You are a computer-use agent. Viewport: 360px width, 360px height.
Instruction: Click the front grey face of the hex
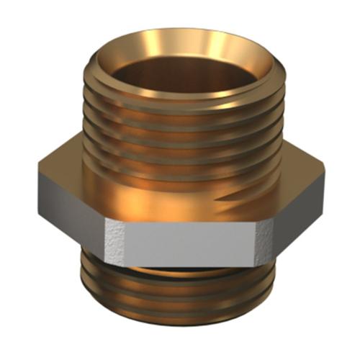[x=180, y=241]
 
